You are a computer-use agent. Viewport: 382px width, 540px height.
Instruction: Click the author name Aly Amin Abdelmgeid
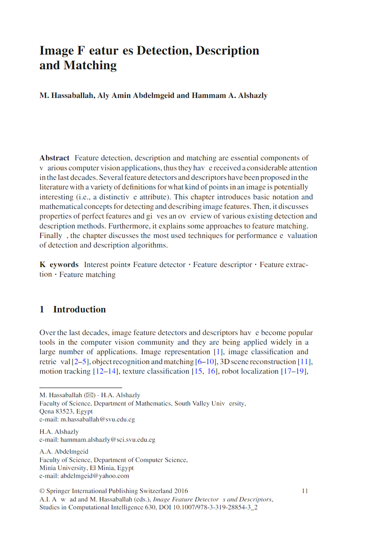pos(136,96)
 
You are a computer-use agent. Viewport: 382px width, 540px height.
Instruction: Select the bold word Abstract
pos(54,158)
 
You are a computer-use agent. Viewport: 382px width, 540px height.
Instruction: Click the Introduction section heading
pos(79,309)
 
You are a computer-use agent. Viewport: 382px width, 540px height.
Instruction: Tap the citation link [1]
pos(218,352)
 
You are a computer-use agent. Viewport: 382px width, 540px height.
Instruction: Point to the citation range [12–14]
pos(106,371)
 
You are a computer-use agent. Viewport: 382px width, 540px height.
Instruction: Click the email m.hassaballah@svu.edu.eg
pos(98,419)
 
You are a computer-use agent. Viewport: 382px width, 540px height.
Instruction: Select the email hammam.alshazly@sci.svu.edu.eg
pos(108,440)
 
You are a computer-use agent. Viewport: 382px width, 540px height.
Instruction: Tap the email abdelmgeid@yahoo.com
pos(95,476)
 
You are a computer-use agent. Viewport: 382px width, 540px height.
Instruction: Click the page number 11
pos(305,491)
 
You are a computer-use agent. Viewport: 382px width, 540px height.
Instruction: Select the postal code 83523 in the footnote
pos(65,411)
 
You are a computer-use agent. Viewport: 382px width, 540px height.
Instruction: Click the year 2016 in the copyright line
pos(181,491)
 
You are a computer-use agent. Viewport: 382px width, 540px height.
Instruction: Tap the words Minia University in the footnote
pos(62,468)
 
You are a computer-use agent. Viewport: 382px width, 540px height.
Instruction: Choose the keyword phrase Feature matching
pos(87,274)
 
